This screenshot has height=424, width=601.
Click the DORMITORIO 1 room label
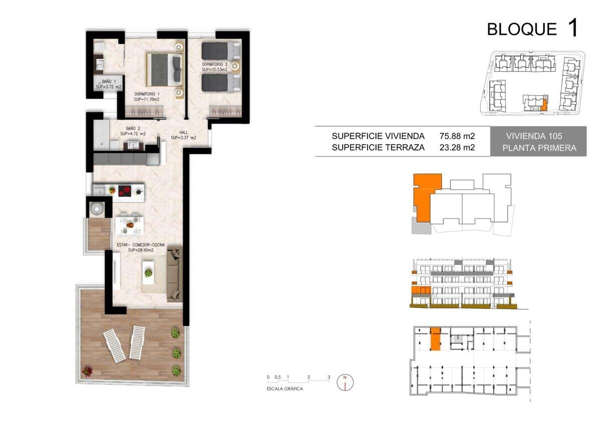(147, 96)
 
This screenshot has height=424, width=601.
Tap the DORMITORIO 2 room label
(215, 67)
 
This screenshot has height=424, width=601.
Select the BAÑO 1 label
(109, 84)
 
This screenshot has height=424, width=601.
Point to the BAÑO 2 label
(133, 131)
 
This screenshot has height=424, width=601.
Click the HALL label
(183, 135)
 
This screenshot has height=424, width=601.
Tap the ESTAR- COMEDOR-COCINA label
(141, 247)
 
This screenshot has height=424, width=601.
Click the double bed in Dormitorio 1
(164, 69)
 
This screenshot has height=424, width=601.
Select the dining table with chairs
(130, 224)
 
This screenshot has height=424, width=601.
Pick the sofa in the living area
(175, 274)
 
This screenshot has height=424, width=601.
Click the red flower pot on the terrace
(87, 371)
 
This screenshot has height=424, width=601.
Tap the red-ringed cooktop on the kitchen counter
(125, 191)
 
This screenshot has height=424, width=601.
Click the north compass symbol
(345, 382)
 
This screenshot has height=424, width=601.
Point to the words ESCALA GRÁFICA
(284, 388)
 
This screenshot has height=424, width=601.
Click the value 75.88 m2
(457, 136)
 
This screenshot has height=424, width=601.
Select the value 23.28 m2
(457, 147)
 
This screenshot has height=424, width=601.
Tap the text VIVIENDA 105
(534, 136)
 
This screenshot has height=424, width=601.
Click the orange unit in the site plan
(544, 104)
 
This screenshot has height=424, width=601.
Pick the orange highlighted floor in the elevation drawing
(421, 290)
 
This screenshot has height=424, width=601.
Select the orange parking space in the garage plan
(435, 339)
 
